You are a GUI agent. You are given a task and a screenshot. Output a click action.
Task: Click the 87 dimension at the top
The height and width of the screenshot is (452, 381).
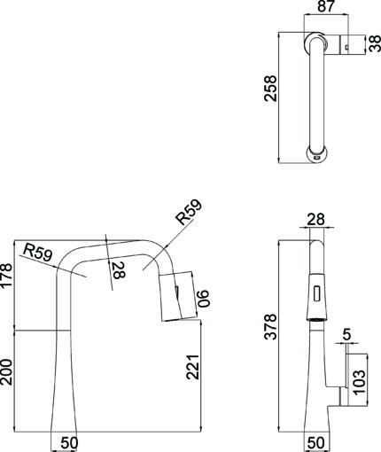click(x=326, y=6)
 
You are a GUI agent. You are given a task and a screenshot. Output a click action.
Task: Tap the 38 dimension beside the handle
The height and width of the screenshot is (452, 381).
click(x=375, y=43)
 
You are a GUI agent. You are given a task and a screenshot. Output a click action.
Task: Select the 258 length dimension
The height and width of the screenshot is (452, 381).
click(x=270, y=89)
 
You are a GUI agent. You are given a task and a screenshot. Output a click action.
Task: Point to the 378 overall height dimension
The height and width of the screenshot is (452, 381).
click(x=270, y=326)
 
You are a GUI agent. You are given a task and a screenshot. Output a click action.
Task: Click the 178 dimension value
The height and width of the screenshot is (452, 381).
click(x=6, y=276)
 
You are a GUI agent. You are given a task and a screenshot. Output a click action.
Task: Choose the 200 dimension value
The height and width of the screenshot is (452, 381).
click(x=6, y=372)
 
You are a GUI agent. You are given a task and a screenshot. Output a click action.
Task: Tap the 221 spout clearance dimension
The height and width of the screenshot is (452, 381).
click(x=193, y=367)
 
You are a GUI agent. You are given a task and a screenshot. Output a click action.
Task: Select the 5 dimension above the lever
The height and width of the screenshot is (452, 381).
click(x=346, y=334)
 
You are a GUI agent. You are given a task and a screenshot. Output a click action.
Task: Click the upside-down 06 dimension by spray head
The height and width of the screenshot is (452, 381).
click(x=203, y=299)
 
